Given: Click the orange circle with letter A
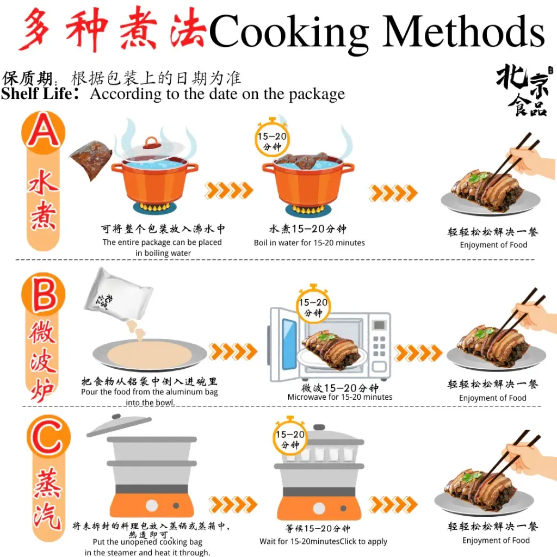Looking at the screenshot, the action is tap(44, 132).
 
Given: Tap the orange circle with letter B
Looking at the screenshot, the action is tap(44, 294).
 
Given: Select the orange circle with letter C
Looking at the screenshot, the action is tap(48, 436).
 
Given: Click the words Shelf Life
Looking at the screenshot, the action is tap(37, 94).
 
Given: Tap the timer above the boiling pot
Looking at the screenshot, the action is tap(273, 138).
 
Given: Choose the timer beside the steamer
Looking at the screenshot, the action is tap(290, 437).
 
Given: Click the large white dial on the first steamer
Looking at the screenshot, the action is tap(152, 505).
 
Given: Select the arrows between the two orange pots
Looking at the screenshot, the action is tap(229, 190).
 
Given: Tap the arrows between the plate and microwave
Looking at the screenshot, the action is tap(233, 352).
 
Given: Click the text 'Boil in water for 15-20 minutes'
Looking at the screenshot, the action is tap(310, 243).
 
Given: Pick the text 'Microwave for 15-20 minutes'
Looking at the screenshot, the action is tap(340, 397).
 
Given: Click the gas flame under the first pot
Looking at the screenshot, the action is tap(156, 207).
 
